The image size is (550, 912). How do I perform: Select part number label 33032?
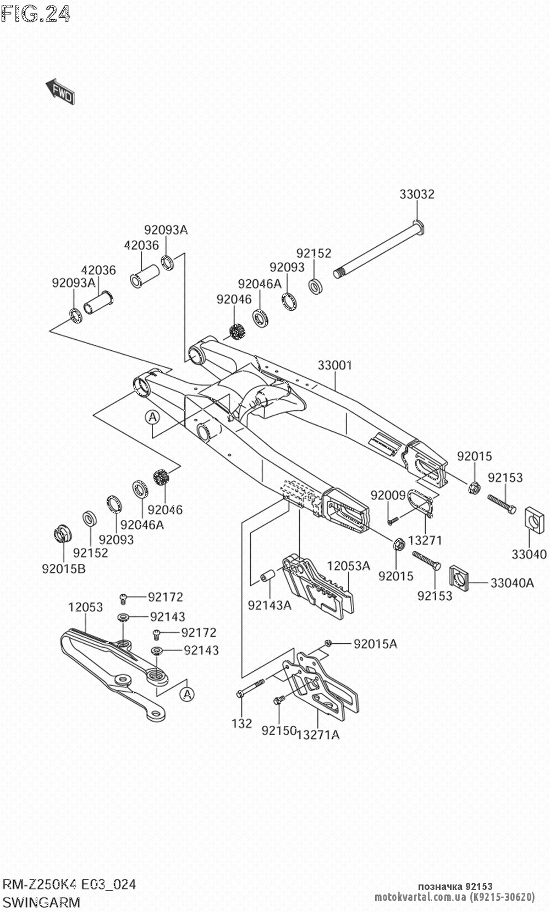coord(416,194)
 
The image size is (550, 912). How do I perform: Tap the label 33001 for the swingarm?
coord(334,365)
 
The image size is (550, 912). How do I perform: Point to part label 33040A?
coord(512,582)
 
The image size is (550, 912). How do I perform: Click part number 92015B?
coord(64,569)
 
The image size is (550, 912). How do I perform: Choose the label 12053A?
coord(349,566)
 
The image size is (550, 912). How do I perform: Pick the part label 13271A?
coord(318,734)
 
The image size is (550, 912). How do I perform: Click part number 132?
coord(241,723)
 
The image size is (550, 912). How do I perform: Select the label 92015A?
coord(375,643)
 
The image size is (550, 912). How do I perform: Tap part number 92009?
coord(388,495)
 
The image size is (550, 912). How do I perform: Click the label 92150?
coord(279,731)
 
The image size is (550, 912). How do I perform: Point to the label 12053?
coord(85,607)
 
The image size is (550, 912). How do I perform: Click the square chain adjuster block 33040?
coord(532,520)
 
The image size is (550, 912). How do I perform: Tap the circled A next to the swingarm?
coord(152,418)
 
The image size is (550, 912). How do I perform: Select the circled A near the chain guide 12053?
coord(188,695)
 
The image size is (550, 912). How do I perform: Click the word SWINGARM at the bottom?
coord(42,902)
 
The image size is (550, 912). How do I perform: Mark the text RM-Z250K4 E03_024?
coord(69,884)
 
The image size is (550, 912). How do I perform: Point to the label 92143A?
coord(269,605)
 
